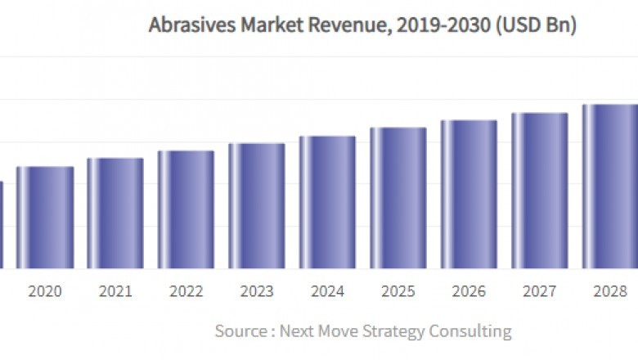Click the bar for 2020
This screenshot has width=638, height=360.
45,218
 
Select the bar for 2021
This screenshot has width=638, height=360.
115,214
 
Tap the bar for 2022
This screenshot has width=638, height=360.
186,209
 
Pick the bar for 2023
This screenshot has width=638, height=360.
257,206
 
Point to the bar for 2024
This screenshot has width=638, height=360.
327,202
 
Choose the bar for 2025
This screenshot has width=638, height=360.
398,198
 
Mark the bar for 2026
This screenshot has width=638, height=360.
469,195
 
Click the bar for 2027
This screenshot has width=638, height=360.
540,191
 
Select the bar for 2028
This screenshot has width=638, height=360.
609,187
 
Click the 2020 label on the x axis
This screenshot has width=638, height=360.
45,291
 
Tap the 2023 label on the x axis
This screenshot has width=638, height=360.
257,291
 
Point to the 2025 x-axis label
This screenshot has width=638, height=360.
398,291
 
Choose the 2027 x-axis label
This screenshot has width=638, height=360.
540,291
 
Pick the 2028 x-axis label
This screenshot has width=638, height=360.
610,291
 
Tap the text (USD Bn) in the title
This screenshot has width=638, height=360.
537,25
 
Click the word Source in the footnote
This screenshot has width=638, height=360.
240,331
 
